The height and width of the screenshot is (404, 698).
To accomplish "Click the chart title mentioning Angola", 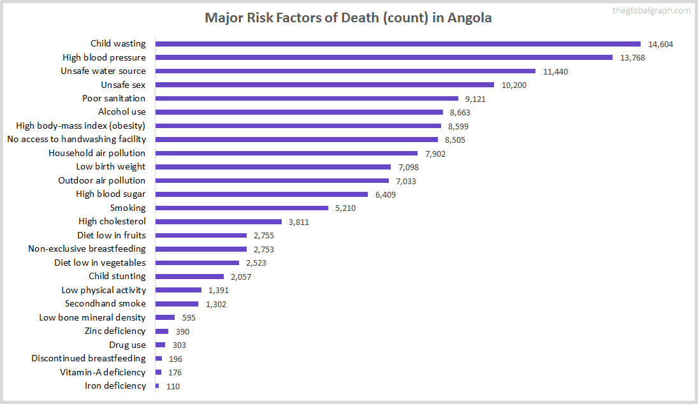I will (x=348, y=17).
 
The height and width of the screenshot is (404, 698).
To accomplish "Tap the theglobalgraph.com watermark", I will (x=651, y=10).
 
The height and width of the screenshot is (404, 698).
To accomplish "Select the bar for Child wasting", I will (x=398, y=44).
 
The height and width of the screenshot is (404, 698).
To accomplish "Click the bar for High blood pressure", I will (x=384, y=57).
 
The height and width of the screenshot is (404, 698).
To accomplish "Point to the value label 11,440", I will (x=555, y=71).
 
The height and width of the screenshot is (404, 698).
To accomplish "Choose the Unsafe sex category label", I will (x=123, y=85).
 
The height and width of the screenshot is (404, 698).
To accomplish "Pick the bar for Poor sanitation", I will (x=307, y=99).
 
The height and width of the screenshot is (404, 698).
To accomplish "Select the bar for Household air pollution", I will (x=286, y=154).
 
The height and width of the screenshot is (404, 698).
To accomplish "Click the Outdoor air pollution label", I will (x=102, y=180).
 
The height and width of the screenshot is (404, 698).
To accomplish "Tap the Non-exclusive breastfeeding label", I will (x=87, y=249).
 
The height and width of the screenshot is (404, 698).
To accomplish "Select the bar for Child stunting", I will (x=189, y=277).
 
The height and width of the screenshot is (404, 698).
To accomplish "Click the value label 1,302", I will (x=215, y=304).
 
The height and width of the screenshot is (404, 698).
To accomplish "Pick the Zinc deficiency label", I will (x=115, y=331).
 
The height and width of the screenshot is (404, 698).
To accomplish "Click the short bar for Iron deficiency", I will (x=157, y=386).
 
